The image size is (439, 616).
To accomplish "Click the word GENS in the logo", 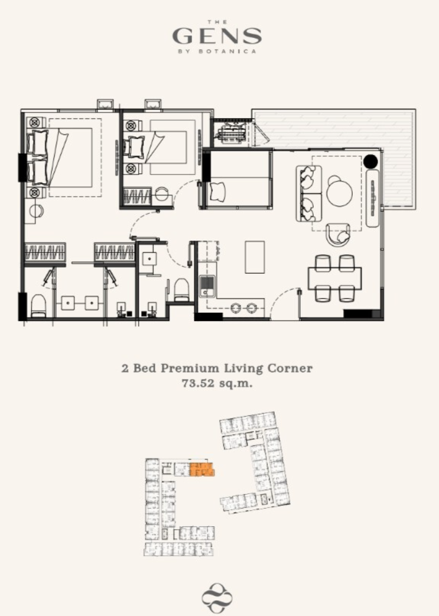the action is pyautogui.click(x=217, y=36).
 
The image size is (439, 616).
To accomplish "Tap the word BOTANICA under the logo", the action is pyautogui.click(x=227, y=51).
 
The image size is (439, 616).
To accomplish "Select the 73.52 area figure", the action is pyautogui.click(x=198, y=383).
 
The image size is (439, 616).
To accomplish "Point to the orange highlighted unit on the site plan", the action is pyautogui.click(x=202, y=469).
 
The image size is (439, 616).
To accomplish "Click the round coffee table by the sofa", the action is pyautogui.click(x=339, y=193).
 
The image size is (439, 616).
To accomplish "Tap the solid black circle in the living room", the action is pyautogui.click(x=370, y=161).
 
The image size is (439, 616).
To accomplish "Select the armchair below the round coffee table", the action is pyautogui.click(x=338, y=235).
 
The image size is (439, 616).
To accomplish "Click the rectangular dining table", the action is pyautogui.click(x=334, y=278).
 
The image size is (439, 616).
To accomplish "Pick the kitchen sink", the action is pyautogui.click(x=207, y=286).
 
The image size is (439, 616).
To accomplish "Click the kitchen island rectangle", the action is pyautogui.click(x=255, y=257).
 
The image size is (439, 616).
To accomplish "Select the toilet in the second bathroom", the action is pyautogui.click(x=181, y=290).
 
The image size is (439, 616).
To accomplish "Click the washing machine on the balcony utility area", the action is pyautogui.click(x=231, y=131).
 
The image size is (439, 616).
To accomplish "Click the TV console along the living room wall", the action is pyautogui.click(x=372, y=198).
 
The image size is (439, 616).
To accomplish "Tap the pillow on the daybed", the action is pyautogui.click(x=219, y=192).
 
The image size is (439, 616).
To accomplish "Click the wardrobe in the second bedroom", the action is pyautogui.click(x=137, y=196).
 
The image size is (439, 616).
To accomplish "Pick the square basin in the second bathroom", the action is pyautogui.click(x=149, y=260).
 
